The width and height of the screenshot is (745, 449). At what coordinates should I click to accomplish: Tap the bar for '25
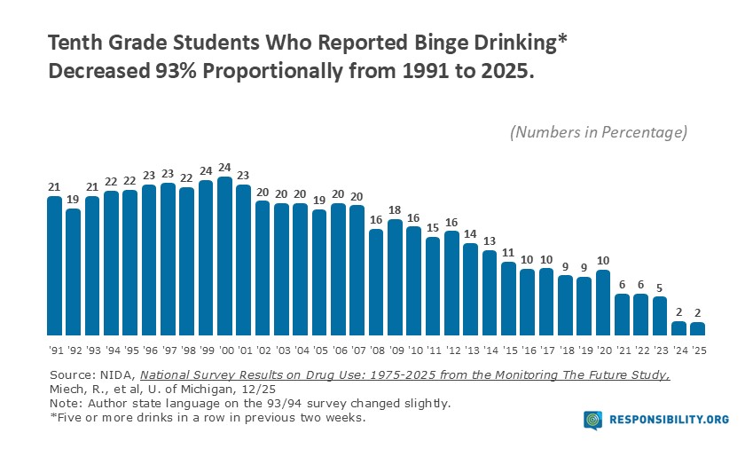[x=698, y=328]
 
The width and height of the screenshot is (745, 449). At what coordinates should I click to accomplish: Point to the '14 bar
[x=490, y=292]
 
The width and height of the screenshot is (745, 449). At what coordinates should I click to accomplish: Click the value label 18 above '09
[x=395, y=210]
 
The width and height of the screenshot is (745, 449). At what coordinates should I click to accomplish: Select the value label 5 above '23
[x=660, y=287]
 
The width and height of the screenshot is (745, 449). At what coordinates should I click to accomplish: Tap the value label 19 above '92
[x=74, y=200]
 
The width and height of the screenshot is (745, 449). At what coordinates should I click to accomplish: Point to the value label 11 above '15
[x=508, y=252]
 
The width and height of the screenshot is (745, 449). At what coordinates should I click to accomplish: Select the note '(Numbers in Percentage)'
[x=599, y=132]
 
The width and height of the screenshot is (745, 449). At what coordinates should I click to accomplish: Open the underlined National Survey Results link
[x=404, y=375]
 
